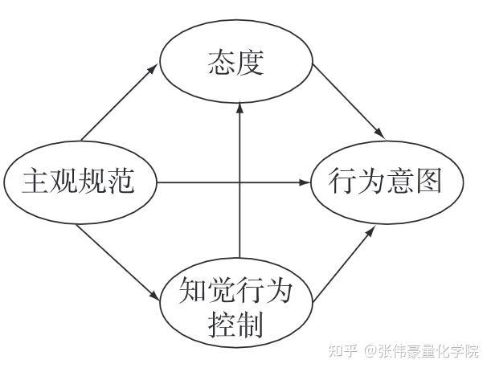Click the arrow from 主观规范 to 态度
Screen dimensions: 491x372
[x=119, y=103]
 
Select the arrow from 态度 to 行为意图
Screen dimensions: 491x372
[x=349, y=102]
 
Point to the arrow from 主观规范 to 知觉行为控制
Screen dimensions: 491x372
[x=117, y=262]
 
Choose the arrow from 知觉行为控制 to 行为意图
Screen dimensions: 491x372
[x=344, y=264]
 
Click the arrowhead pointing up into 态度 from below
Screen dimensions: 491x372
[x=239, y=109]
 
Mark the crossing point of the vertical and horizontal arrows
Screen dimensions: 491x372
[x=239, y=182]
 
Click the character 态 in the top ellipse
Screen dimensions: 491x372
[x=221, y=63]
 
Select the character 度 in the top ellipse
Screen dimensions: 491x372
[x=250, y=63]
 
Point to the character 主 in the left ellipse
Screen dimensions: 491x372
[x=35, y=181]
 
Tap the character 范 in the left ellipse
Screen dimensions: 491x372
[x=121, y=181]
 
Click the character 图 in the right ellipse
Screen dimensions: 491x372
[x=429, y=181]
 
